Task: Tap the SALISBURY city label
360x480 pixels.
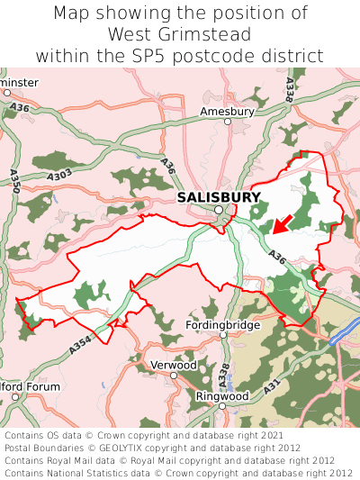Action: click(219, 197)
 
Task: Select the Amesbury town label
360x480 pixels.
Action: click(227, 112)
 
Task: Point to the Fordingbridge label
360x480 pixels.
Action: click(222, 324)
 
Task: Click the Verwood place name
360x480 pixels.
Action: click(173, 366)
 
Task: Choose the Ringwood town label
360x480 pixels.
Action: click(222, 395)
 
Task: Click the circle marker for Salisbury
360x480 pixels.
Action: click(219, 211)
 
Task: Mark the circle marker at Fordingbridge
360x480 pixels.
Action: click(224, 335)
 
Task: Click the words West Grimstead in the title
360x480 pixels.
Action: click(179, 34)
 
